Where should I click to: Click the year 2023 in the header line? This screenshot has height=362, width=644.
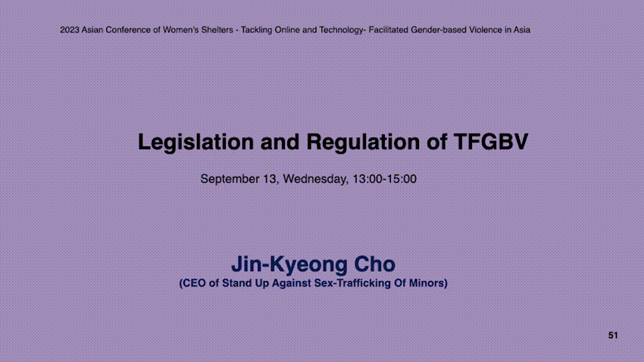pos(70,30)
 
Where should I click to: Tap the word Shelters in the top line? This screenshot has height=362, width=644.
pos(217,30)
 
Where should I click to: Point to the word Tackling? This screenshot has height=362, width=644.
pos(257,30)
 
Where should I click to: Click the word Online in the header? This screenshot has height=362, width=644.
pos(287,30)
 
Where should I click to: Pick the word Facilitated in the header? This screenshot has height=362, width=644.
pos(389,30)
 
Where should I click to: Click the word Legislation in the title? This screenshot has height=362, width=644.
pos(196,142)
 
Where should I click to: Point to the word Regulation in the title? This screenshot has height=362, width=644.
pos(363,142)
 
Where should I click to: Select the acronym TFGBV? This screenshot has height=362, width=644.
pos(491,142)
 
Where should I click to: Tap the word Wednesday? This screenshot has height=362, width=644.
pos(315,179)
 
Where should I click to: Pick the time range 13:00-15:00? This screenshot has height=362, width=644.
pos(384,179)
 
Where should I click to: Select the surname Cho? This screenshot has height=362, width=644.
pos(374,264)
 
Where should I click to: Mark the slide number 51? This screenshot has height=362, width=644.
pos(613,335)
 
